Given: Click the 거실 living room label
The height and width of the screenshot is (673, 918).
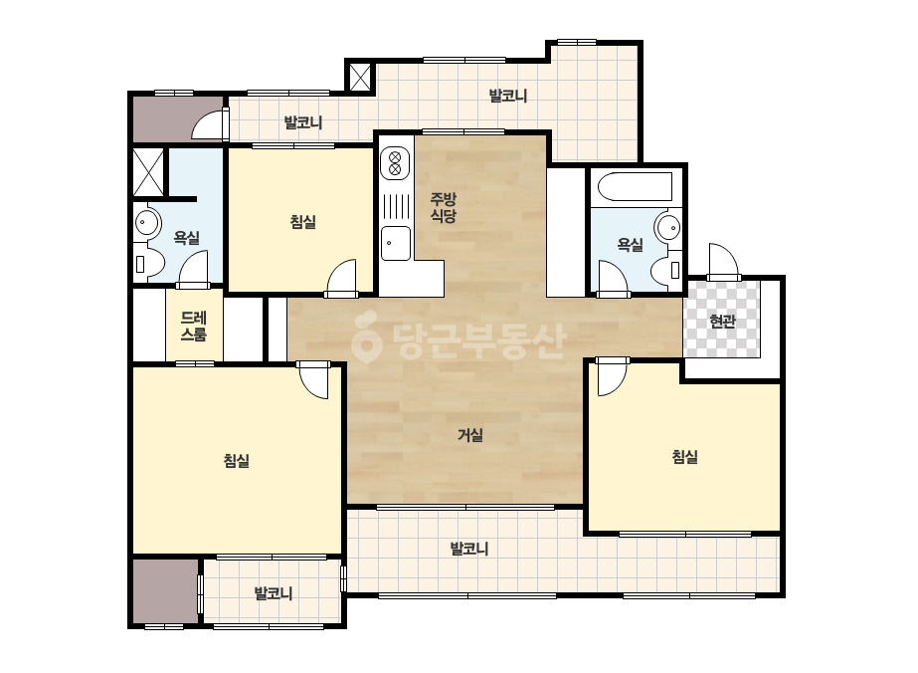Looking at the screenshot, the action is pos(470,435).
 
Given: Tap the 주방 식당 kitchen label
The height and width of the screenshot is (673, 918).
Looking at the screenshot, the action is pos(444,207).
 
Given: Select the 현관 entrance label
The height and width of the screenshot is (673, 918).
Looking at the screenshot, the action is pos(722,321).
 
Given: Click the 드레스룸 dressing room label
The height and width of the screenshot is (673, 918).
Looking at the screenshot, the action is pos(193,326).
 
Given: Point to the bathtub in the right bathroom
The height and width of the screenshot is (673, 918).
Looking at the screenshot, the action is pos(636,186).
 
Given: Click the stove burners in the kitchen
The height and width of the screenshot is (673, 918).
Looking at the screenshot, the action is pos(395,163).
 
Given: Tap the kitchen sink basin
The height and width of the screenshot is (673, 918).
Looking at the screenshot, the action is pos(396,243).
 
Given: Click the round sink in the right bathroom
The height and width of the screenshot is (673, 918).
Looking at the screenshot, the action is pos(668,227).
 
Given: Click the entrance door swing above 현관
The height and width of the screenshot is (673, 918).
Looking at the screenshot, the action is pos(722,262).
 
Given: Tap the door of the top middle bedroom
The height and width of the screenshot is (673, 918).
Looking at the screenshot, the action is pos(342,278).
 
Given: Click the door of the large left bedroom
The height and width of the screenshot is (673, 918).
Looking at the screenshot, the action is pos(314,380).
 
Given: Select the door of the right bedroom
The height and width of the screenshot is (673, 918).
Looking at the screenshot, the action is pos(612,376).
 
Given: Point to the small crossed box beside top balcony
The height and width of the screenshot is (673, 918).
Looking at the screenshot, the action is pos(359,77).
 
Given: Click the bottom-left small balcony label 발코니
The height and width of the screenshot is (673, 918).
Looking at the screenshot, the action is pos(274,593).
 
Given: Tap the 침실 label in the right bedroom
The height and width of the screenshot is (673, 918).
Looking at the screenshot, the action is pos(684,457).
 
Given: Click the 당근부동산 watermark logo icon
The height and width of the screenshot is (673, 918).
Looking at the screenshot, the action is pos(366,337).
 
